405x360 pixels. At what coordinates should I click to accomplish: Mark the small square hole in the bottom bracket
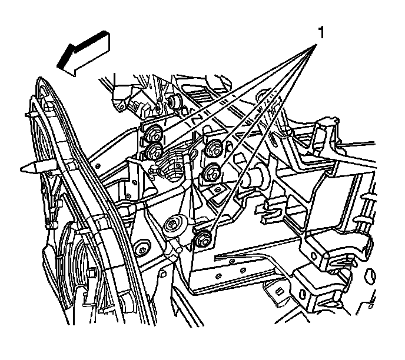tap(280, 289)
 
